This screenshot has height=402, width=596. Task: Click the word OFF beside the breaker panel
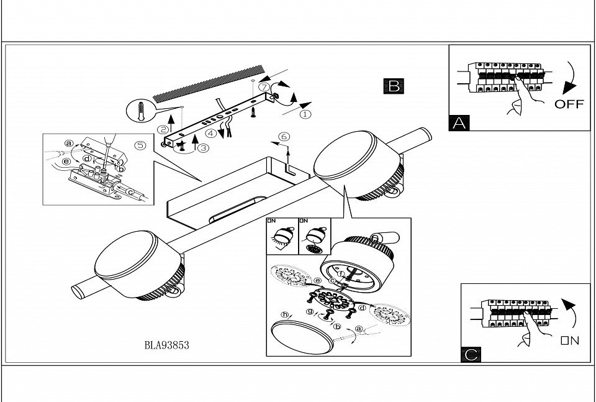tap(569, 104)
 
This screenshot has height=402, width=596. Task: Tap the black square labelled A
tap(459, 122)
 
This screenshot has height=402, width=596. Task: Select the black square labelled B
tap(394, 86)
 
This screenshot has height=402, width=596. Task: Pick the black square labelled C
tap(471, 354)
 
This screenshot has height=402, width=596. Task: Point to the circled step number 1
tap(305, 114)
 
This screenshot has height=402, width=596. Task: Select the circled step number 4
tap(211, 132)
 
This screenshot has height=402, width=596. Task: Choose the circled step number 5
tap(140, 147)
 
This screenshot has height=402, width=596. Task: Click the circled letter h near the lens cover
tap(286, 315)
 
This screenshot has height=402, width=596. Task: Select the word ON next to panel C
tap(569, 340)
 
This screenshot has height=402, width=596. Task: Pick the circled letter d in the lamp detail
tap(361, 307)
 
